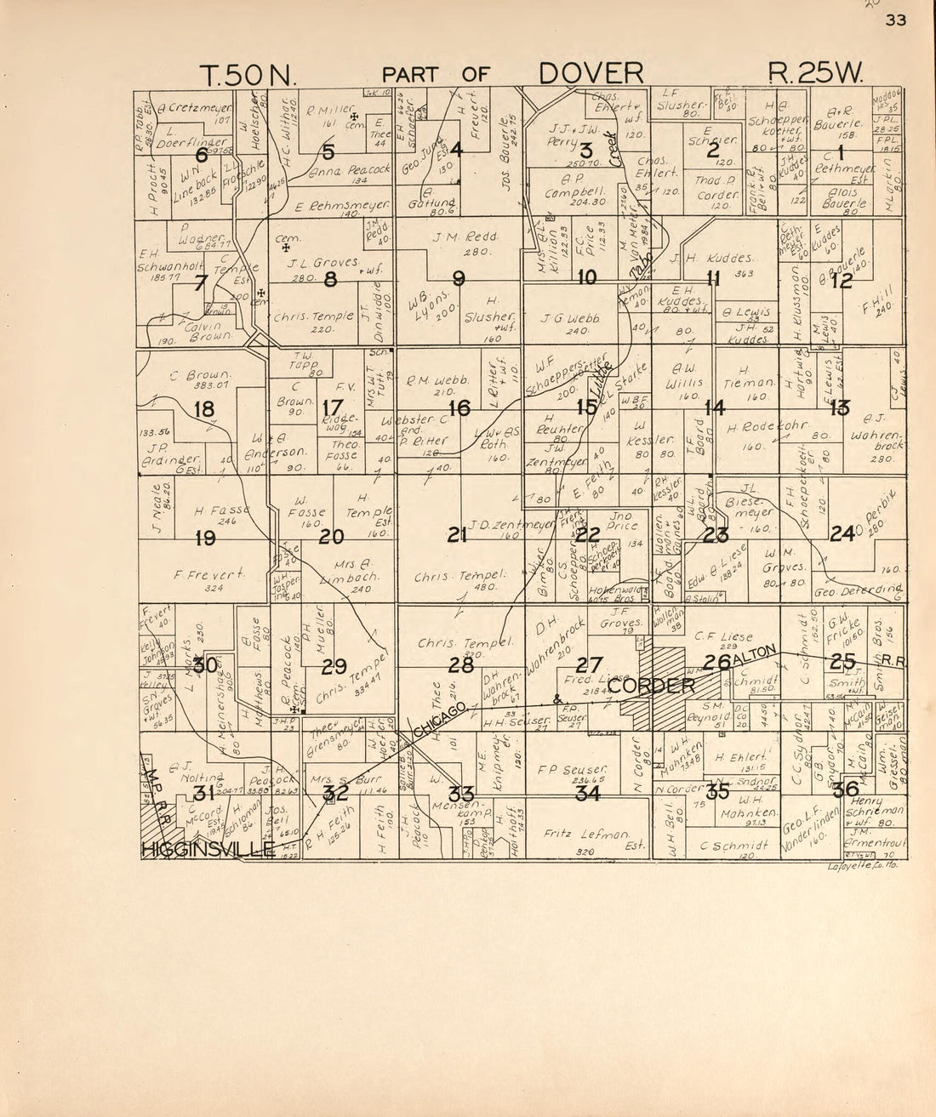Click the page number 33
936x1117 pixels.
click(x=896, y=21)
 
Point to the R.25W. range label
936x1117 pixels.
click(x=815, y=73)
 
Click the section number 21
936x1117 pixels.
click(x=458, y=535)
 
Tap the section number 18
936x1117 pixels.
click(x=204, y=409)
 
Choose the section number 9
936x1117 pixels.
click(x=459, y=277)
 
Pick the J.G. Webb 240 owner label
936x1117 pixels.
click(x=565, y=324)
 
